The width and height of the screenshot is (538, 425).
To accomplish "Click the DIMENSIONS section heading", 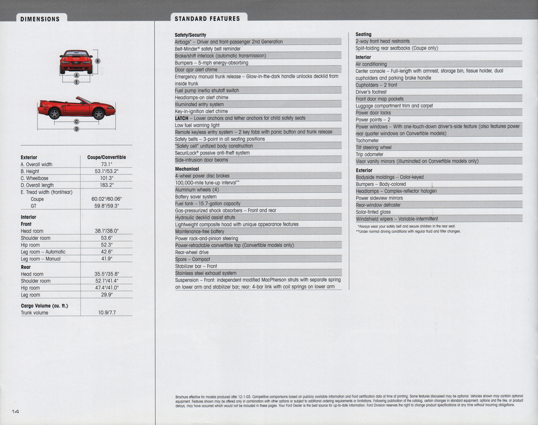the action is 40,19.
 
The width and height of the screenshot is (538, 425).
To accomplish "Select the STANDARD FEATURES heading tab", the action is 207,18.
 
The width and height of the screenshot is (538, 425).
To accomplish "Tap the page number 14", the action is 15,412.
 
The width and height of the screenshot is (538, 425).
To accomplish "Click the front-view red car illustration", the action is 76,61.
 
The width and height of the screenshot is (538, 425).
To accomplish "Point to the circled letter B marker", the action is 98,61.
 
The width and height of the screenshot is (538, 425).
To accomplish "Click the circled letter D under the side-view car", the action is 76,129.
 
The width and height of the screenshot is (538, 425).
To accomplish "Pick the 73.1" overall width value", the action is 106,165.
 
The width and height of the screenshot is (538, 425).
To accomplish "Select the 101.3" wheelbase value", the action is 106,178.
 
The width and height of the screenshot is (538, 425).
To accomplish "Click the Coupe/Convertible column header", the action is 106,157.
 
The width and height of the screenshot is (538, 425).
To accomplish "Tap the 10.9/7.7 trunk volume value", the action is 107,312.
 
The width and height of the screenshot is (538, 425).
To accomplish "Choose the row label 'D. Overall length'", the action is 37,185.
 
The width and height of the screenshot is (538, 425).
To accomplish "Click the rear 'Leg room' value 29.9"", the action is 107,295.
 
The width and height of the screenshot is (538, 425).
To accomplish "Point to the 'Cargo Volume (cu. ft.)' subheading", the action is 44,306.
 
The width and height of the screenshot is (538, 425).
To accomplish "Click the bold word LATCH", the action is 182,118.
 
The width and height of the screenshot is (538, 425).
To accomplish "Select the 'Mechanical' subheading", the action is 187,169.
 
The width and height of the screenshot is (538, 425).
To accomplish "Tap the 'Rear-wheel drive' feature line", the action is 191,252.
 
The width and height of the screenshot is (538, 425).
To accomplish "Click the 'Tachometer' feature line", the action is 367,140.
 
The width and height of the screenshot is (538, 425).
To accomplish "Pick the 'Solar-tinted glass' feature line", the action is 373,212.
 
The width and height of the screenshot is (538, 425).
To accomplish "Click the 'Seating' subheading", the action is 363,34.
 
